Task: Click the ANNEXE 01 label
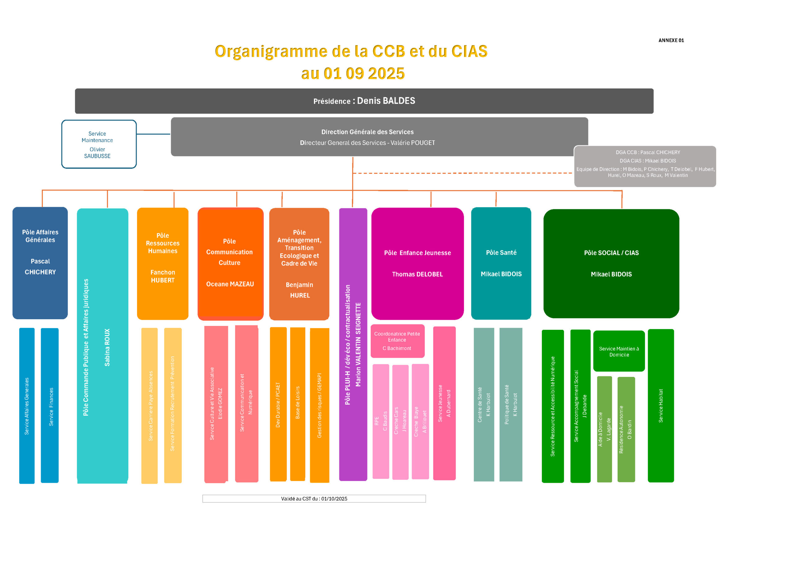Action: tap(671, 40)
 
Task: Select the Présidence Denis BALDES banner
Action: tap(364, 101)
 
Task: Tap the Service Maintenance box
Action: tap(99, 144)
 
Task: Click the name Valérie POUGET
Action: tap(413, 143)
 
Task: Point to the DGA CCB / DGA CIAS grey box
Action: tap(645, 166)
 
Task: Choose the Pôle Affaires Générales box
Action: tap(40, 262)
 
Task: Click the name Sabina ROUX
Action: tap(107, 347)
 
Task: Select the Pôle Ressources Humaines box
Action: tap(162, 263)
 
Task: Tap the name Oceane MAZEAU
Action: tap(230, 284)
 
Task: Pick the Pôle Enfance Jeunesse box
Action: tap(417, 263)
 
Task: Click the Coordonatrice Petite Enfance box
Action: tap(397, 341)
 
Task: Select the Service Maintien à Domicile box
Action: tap(619, 351)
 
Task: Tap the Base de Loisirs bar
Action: tap(298, 403)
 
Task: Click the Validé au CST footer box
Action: tap(314, 499)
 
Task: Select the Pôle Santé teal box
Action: tap(501, 263)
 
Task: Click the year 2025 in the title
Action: tap(386, 73)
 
